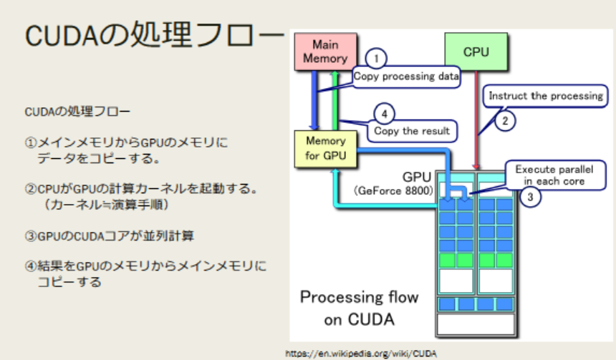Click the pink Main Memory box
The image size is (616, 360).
(x=324, y=52)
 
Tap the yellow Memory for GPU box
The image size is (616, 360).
(x=325, y=148)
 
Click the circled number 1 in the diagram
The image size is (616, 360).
(x=377, y=58)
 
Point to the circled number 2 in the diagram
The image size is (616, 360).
(x=505, y=121)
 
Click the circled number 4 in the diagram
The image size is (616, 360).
(x=385, y=113)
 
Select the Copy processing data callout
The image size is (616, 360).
(x=406, y=76)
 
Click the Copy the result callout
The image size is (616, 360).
(x=412, y=131)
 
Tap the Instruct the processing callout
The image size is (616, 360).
(x=545, y=95)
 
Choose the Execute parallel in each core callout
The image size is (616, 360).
(x=554, y=175)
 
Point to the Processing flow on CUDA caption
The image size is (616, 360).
(x=359, y=308)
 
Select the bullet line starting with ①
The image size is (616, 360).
(x=126, y=142)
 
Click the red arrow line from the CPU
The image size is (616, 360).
(x=476, y=122)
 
